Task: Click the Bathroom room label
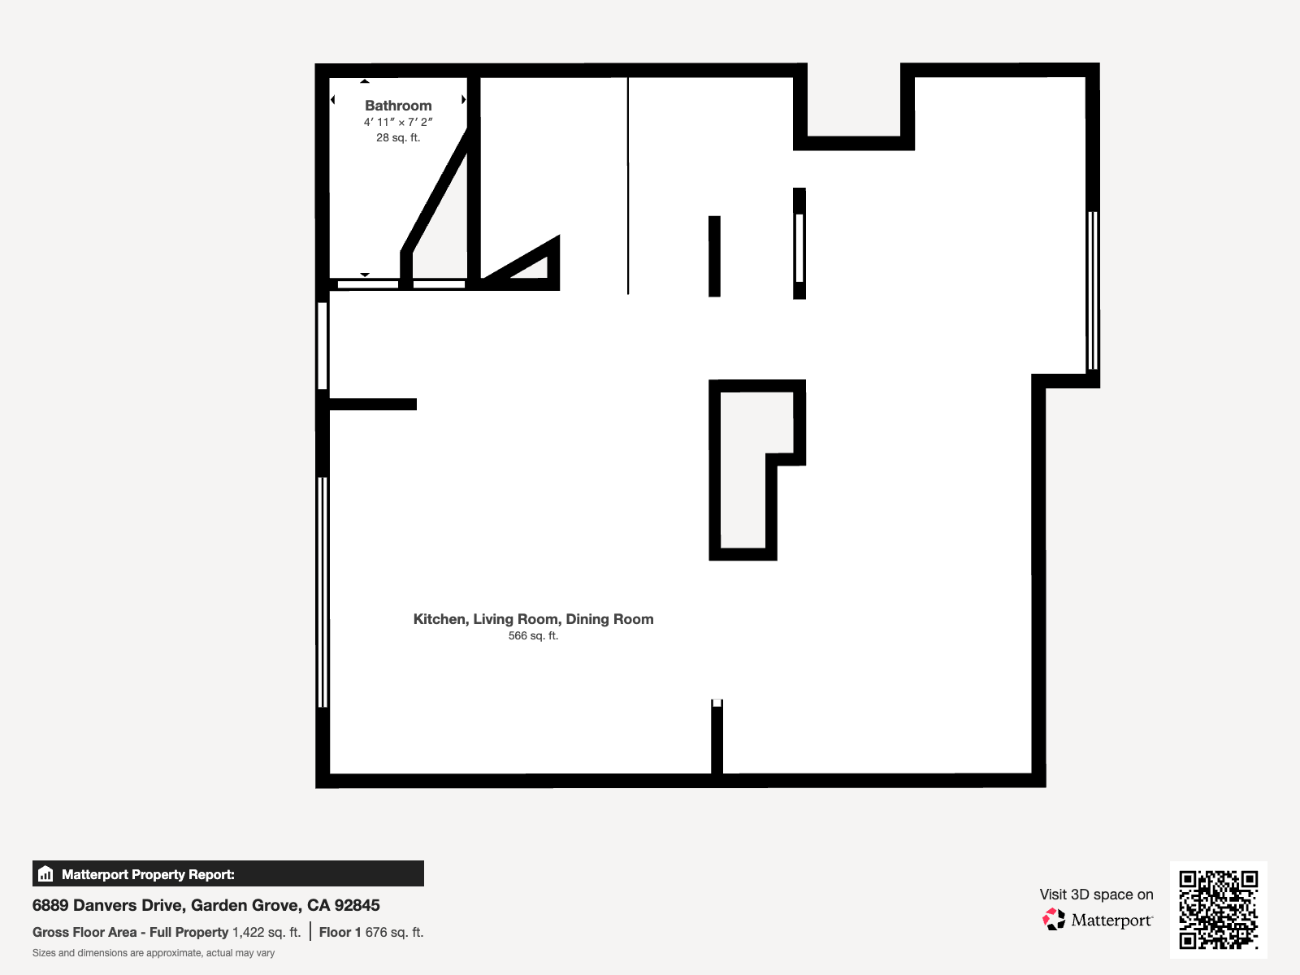[x=398, y=106]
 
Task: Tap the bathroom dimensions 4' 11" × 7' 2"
[x=398, y=122]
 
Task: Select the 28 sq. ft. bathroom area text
[x=398, y=138]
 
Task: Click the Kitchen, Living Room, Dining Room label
[x=533, y=619]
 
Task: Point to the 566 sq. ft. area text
[x=533, y=636]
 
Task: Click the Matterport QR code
[x=1218, y=909]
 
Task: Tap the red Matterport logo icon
[x=1054, y=920]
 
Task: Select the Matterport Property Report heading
[x=148, y=874]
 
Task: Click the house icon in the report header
[x=45, y=874]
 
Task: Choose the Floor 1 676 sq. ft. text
[x=371, y=932]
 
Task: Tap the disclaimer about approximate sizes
[x=154, y=953]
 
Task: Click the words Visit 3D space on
[x=1096, y=895]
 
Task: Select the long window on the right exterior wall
[x=1093, y=290]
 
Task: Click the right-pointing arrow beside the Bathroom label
[x=464, y=100]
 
